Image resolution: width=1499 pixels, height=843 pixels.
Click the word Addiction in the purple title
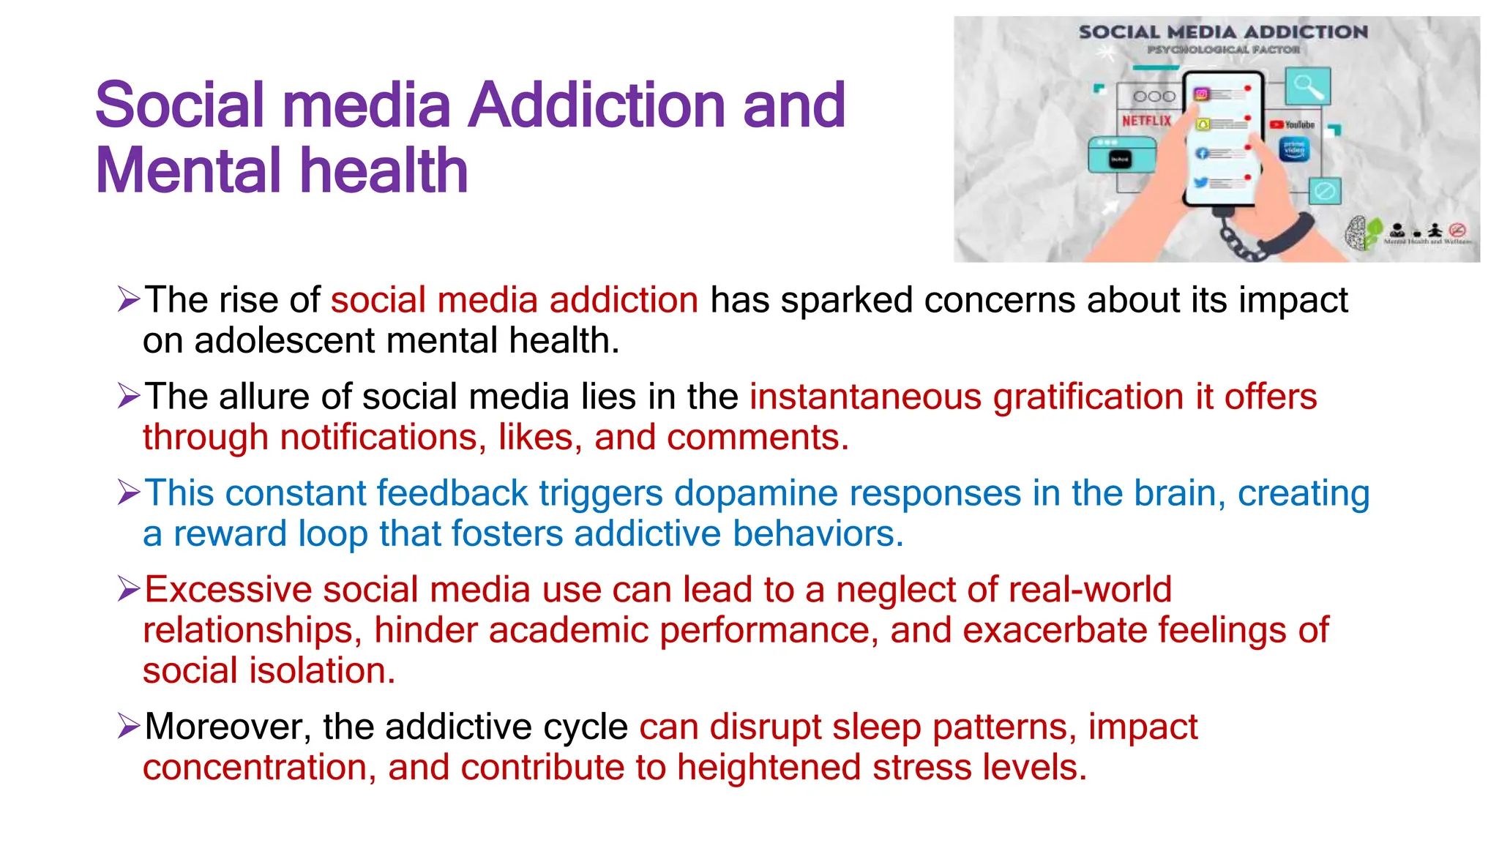pyautogui.click(x=599, y=105)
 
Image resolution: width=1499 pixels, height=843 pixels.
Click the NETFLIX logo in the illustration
pyautogui.click(x=1146, y=121)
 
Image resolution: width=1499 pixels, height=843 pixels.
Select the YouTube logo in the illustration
pyautogui.click(x=1293, y=125)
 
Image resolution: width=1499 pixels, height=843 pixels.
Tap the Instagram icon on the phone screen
pyautogui.click(x=1201, y=94)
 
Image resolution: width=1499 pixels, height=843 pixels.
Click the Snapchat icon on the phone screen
pyautogui.click(x=1202, y=124)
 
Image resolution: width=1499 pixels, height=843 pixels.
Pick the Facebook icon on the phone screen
pyautogui.click(x=1202, y=154)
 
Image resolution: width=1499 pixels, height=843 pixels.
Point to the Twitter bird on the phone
pyautogui.click(x=1201, y=183)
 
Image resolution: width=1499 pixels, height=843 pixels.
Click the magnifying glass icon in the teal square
pyautogui.click(x=1307, y=86)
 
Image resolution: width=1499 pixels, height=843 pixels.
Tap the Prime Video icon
pyautogui.click(x=1294, y=150)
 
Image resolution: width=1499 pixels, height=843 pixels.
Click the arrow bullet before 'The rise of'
pyautogui.click(x=128, y=299)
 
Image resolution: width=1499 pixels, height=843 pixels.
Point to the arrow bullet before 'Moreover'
pyautogui.click(x=128, y=726)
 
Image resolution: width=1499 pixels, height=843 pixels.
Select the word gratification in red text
pyautogui.click(x=1088, y=397)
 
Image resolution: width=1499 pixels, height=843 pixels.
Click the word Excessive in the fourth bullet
pyautogui.click(x=228, y=589)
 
